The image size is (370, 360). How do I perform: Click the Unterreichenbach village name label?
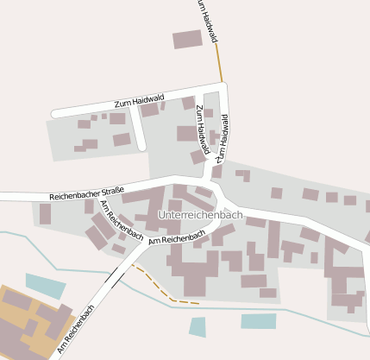coord(200,214)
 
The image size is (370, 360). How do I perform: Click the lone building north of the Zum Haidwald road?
coord(187,39)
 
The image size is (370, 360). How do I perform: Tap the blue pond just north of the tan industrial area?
coord(45,285)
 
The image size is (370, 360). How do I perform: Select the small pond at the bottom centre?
coord(198,326)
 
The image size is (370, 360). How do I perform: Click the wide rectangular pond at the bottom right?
coord(259,321)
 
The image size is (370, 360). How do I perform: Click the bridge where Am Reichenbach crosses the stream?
coord(112,276)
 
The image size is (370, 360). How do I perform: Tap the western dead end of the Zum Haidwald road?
coord(55,113)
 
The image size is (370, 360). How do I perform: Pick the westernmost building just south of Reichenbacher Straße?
coord(45,213)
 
